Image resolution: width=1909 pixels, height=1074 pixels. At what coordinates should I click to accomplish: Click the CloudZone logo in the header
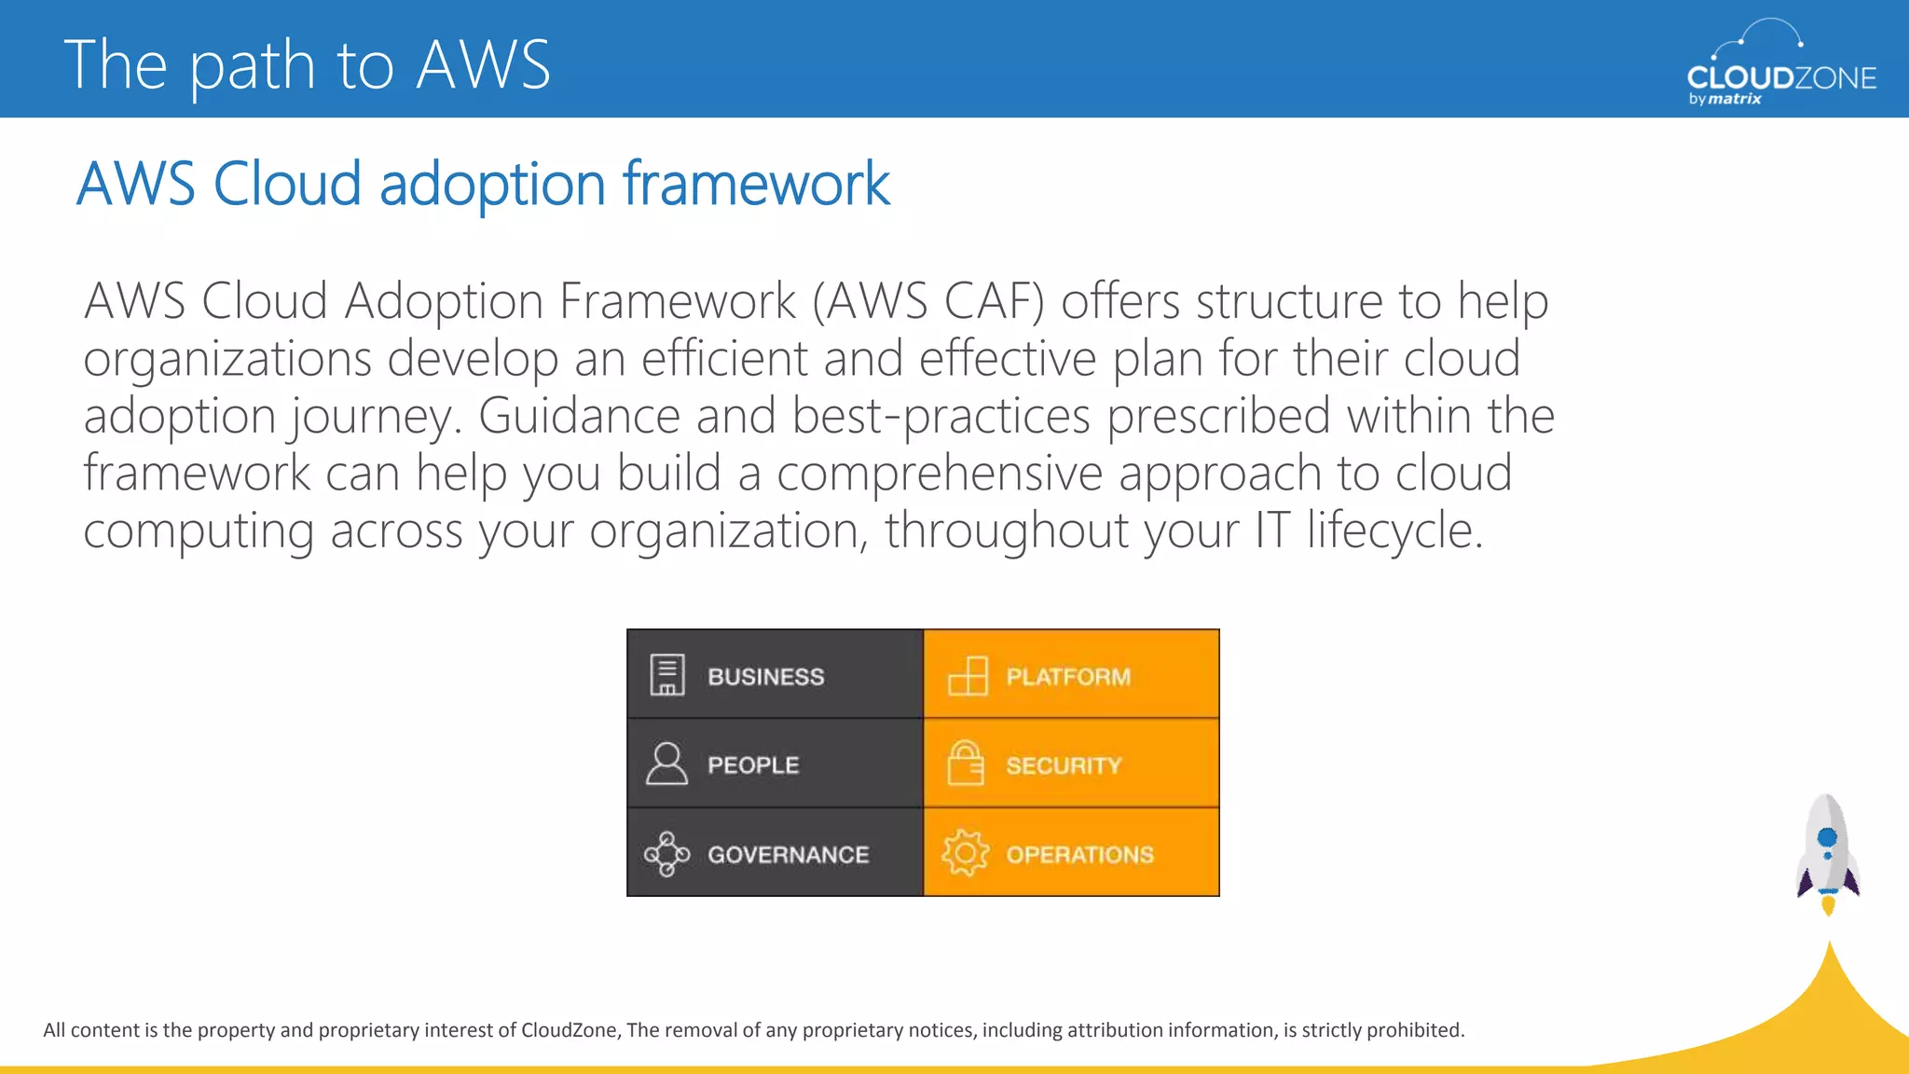1780,65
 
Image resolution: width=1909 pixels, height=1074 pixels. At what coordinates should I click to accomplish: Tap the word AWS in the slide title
483,65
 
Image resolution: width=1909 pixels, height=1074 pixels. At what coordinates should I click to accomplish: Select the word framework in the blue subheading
756,184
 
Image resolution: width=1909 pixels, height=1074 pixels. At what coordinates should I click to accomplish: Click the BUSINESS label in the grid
765,677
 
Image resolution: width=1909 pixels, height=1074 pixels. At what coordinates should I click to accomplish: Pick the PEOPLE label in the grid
753,765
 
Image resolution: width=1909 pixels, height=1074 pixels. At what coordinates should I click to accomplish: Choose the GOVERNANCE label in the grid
788,855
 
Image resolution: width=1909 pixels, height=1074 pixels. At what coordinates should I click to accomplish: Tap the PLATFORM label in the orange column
1068,677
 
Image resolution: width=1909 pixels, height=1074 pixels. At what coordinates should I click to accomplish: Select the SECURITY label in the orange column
1064,765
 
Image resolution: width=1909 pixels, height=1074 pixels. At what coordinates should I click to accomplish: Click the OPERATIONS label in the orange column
1079,855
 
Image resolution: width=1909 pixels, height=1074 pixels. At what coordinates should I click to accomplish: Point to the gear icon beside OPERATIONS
965,853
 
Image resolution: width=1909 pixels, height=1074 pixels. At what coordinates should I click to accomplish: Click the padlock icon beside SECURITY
966,764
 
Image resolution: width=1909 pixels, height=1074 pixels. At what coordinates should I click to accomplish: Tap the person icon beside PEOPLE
666,764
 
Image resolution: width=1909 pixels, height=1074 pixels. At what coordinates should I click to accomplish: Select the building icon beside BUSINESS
667,675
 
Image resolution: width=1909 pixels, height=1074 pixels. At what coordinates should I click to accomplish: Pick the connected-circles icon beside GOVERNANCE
666,854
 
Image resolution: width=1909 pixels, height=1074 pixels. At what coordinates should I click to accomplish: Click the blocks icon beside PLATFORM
968,676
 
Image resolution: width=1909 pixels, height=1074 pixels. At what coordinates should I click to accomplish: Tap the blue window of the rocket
1827,837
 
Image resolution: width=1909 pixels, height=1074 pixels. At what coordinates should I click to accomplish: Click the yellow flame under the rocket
1828,905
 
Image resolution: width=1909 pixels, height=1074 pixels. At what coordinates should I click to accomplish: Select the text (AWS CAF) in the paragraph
928,301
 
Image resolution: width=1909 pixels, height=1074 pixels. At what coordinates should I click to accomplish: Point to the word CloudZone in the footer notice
569,1030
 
